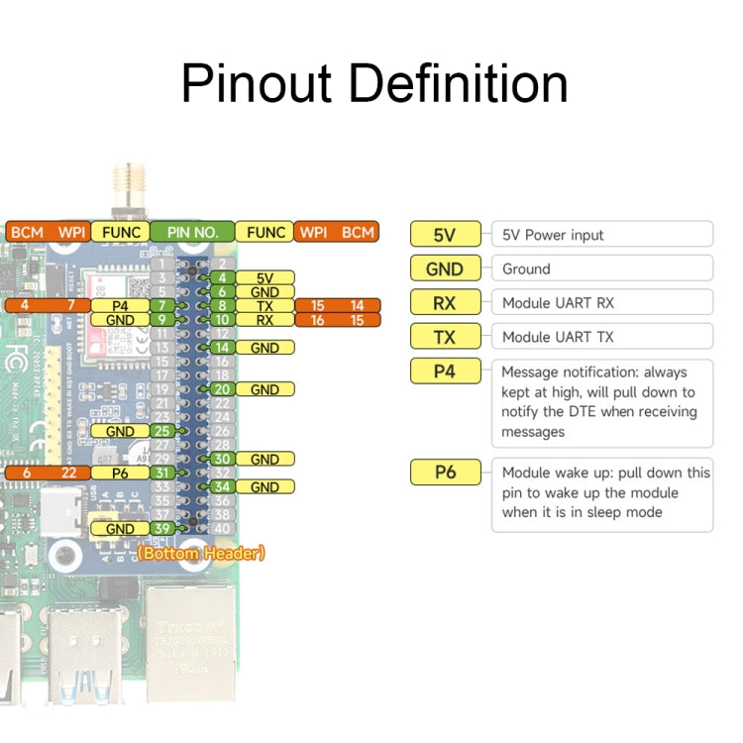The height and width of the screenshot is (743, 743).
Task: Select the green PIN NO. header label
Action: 192,233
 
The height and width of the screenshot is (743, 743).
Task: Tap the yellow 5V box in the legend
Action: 445,235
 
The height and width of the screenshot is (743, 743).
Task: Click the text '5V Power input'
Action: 553,235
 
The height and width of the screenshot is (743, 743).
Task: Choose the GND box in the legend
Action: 445,268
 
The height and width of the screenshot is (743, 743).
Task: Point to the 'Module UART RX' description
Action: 558,303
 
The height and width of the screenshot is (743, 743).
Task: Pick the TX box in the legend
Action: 445,337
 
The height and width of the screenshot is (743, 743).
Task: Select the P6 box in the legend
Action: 445,473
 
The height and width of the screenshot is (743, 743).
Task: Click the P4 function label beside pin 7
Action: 120,306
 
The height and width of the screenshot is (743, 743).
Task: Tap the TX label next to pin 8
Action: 265,306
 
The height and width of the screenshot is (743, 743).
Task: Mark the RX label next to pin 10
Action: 265,320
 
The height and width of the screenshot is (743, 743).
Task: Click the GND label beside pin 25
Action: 120,431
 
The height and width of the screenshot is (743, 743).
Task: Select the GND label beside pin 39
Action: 120,529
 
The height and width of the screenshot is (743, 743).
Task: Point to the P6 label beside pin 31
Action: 120,474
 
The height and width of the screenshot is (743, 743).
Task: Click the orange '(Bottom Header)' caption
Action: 201,554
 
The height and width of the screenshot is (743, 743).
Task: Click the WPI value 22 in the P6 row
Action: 67,474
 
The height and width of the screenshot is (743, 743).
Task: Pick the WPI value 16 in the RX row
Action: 317,320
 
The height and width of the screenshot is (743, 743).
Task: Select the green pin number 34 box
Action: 222,487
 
